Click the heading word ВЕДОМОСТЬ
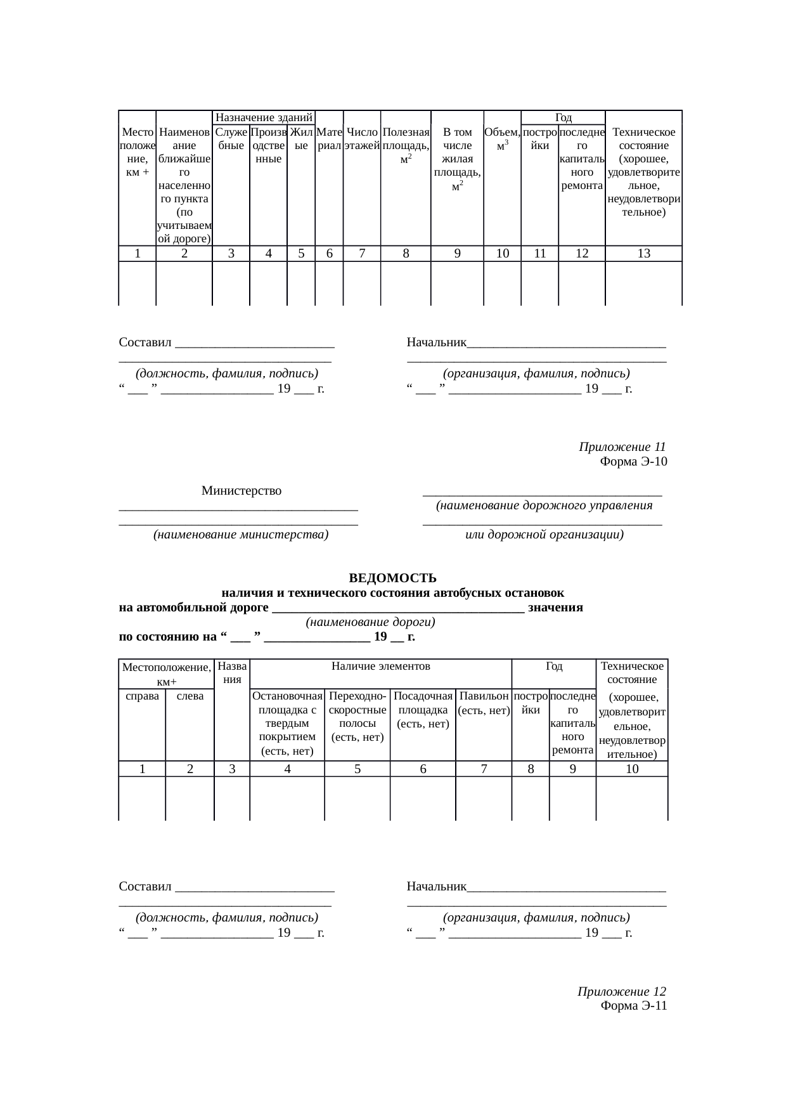[x=392, y=578]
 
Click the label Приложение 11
[x=622, y=446]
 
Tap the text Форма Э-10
[x=633, y=461]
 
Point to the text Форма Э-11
[x=633, y=1006]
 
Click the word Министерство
[x=242, y=490]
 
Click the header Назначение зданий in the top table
[x=263, y=117]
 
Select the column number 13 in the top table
[x=643, y=254]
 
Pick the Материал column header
[x=329, y=139]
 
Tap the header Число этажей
[x=361, y=139]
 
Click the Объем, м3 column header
[x=502, y=139]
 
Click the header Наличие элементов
[x=381, y=666]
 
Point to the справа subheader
[x=142, y=696]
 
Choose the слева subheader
[x=190, y=696]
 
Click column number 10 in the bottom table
[x=631, y=769]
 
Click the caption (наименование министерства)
[x=240, y=535]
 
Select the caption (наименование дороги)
[x=370, y=622]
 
